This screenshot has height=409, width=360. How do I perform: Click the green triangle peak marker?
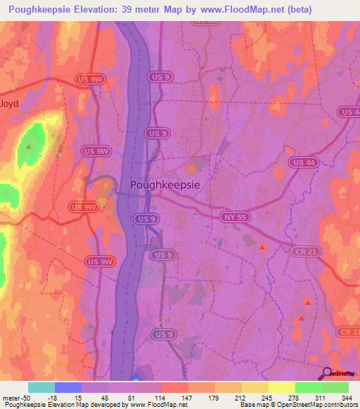(x=29, y=147)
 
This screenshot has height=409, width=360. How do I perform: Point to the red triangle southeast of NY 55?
(x=263, y=247)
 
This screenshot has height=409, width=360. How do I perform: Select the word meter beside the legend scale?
(x=10, y=397)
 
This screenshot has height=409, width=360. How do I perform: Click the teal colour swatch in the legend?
(x=41, y=387)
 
